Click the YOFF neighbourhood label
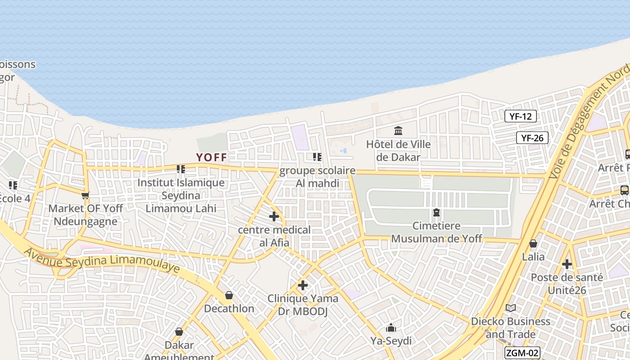click(x=211, y=157)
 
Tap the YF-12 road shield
click(x=521, y=117)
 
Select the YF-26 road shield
click(x=532, y=138)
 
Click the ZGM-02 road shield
click(x=522, y=353)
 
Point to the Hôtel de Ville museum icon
click(x=398, y=131)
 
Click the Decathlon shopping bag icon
click(x=229, y=295)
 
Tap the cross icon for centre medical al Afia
click(x=274, y=216)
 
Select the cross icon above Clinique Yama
click(x=303, y=285)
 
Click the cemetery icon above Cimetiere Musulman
click(x=436, y=212)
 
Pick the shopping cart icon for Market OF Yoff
click(x=85, y=195)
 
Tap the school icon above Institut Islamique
click(x=180, y=169)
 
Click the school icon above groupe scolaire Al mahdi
click(x=317, y=157)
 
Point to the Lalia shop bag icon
click(x=533, y=243)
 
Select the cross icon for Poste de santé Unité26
click(x=567, y=264)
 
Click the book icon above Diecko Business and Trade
click(x=510, y=308)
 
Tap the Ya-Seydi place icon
click(x=391, y=327)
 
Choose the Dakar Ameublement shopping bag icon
click(x=179, y=332)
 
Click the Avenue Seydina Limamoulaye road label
click(x=102, y=262)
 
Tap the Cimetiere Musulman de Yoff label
click(x=436, y=232)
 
